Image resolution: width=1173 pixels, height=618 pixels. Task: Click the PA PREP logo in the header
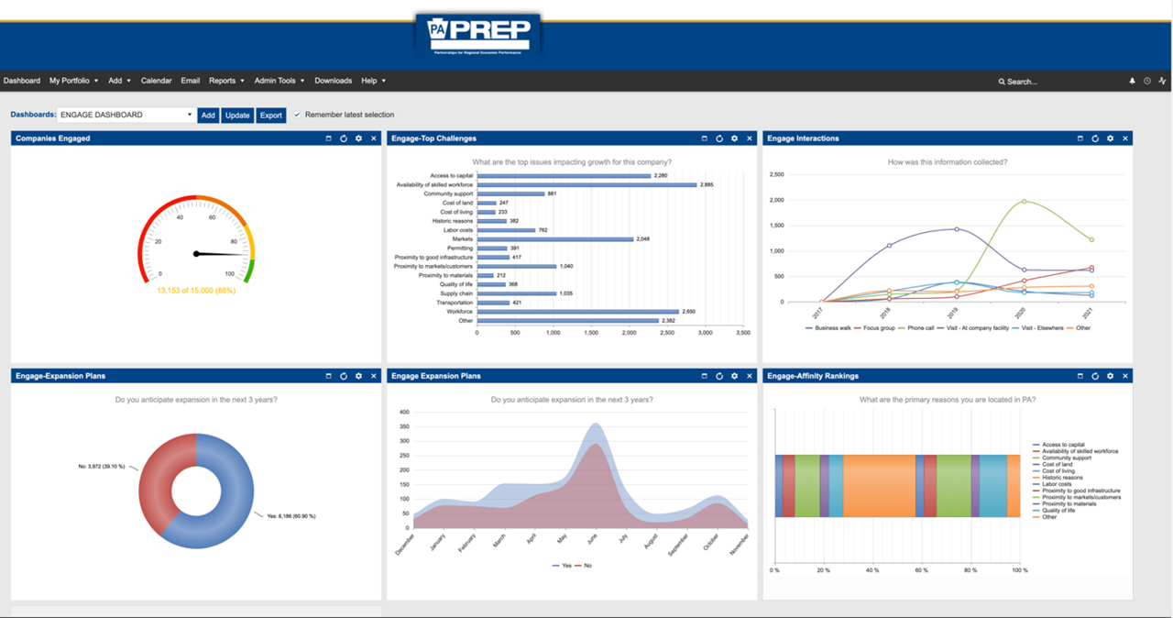(x=477, y=36)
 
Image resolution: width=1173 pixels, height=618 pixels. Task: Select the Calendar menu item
(x=156, y=81)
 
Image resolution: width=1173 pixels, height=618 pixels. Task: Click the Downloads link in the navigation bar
(x=333, y=81)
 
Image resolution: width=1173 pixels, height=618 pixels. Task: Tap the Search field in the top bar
(x=1036, y=82)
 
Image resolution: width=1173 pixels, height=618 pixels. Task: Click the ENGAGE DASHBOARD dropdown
(x=126, y=116)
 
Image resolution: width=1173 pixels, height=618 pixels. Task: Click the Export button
(x=270, y=116)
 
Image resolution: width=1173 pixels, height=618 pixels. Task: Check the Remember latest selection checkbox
(x=297, y=116)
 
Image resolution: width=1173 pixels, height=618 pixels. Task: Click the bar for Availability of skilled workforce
(x=586, y=184)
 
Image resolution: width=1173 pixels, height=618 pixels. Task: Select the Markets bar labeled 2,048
(x=554, y=239)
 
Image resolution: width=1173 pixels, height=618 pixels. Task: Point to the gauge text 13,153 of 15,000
(x=195, y=291)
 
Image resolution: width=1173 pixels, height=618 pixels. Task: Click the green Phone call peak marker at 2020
(x=1024, y=202)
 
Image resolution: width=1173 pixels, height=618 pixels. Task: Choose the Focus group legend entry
(x=877, y=327)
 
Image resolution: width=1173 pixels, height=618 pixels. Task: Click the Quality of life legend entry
(x=1061, y=511)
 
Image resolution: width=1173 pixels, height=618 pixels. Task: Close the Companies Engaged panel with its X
(x=373, y=138)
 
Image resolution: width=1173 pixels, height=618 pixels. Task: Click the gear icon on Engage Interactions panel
(x=1110, y=138)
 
